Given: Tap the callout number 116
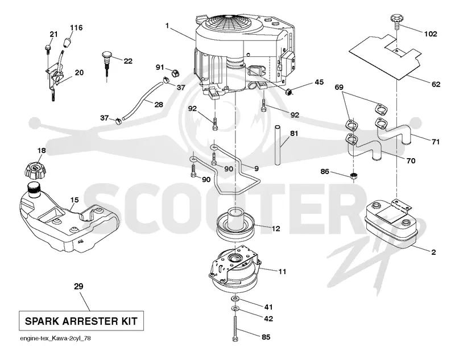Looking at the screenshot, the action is [x=76, y=27].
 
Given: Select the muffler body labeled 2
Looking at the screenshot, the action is [x=391, y=225].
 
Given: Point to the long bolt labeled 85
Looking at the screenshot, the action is [x=235, y=328].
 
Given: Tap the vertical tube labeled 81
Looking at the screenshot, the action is [x=278, y=145].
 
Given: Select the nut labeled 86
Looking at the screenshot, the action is [x=353, y=175].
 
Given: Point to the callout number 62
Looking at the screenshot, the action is [x=436, y=84].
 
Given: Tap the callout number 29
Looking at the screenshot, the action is [x=78, y=286].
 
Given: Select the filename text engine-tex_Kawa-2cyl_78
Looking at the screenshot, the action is [x=55, y=338].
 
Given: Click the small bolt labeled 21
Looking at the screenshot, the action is [x=48, y=49].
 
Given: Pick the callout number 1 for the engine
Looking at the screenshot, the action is [x=167, y=26].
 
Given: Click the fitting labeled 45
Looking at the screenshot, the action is [x=289, y=92].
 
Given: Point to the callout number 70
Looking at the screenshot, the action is [x=411, y=161].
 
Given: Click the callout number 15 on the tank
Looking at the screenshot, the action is [x=75, y=200].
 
